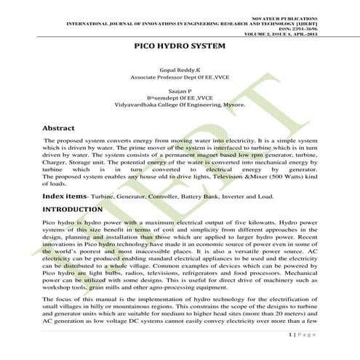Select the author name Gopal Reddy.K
[x=180, y=66]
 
